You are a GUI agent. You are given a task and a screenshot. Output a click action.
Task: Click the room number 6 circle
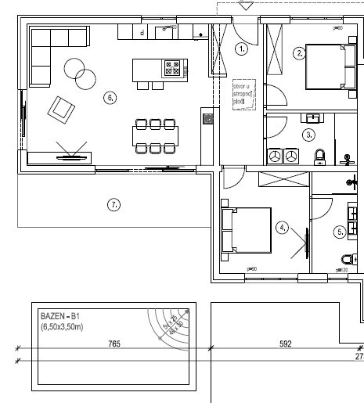(x=110, y=98)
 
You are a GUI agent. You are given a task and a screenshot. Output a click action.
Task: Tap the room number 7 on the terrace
(x=114, y=205)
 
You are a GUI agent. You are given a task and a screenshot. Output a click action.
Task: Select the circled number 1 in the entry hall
(x=241, y=49)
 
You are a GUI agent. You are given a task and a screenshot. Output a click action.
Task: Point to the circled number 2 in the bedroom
(x=299, y=54)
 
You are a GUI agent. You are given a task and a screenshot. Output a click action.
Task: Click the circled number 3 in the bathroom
(x=309, y=134)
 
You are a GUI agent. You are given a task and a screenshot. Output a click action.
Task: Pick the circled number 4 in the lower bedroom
(x=283, y=228)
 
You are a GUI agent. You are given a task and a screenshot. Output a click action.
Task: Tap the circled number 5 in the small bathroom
(x=340, y=232)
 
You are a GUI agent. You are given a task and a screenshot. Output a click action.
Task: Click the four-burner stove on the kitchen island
(x=172, y=69)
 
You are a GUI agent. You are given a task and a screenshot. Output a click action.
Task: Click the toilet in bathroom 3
(x=319, y=157)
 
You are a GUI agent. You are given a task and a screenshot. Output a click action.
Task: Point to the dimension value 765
(x=114, y=344)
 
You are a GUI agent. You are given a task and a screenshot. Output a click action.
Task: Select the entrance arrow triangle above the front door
(x=246, y=5)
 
